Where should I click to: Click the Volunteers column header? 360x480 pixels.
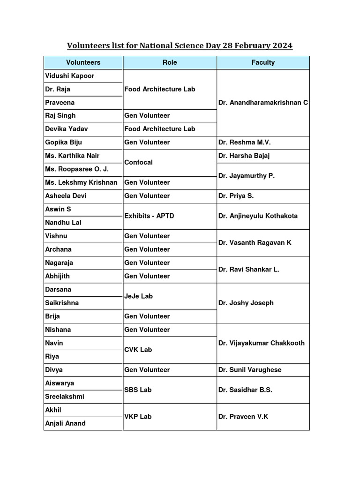pos(83,62)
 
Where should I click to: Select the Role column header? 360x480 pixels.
pos(170,62)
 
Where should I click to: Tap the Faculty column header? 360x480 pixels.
pos(263,62)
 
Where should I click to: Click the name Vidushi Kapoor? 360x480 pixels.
pos(70,76)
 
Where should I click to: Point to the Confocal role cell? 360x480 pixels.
pos(139,162)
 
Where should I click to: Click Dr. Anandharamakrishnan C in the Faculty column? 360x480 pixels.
pos(263,103)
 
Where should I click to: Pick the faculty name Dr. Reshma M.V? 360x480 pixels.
pos(245,142)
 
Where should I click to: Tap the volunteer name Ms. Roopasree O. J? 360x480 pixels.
pos(77,169)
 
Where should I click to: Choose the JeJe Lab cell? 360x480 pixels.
pos(139,296)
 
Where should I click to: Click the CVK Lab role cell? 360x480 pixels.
pos(138,350)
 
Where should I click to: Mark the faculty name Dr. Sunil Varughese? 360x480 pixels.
pos(250,370)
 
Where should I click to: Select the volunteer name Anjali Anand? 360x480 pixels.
pos(65,423)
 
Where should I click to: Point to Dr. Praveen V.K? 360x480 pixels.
pos(243,417)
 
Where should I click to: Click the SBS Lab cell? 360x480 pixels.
pos(138,390)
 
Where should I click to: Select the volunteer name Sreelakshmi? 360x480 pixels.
pos(65,397)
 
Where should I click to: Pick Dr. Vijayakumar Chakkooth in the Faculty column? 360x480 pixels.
pos(262,343)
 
